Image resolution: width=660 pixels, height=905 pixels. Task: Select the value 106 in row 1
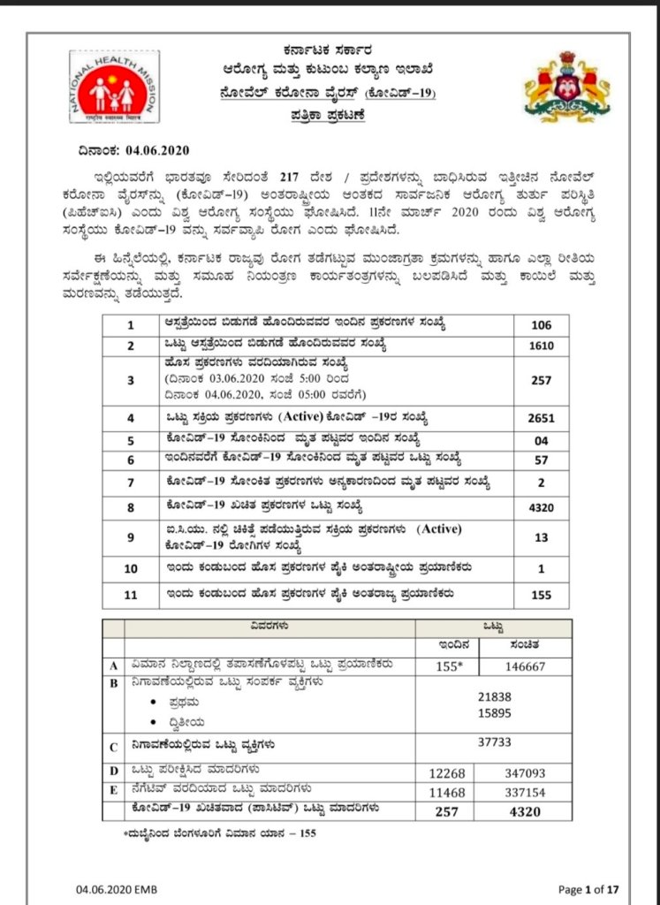point(542,324)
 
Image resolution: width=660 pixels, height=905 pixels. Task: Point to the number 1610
point(542,346)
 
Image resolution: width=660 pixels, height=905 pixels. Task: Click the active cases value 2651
point(542,416)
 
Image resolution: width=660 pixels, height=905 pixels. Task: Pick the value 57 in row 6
point(542,460)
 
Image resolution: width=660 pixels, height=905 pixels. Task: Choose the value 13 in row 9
point(542,537)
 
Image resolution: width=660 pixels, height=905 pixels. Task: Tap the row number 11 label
point(131,595)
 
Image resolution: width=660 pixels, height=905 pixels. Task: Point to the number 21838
point(493,696)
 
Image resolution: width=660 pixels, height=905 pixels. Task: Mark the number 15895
point(493,712)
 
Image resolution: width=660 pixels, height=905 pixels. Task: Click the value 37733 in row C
point(493,743)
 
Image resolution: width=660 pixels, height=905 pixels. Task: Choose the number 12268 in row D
point(448,772)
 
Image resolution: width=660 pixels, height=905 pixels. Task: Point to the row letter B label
point(112,683)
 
